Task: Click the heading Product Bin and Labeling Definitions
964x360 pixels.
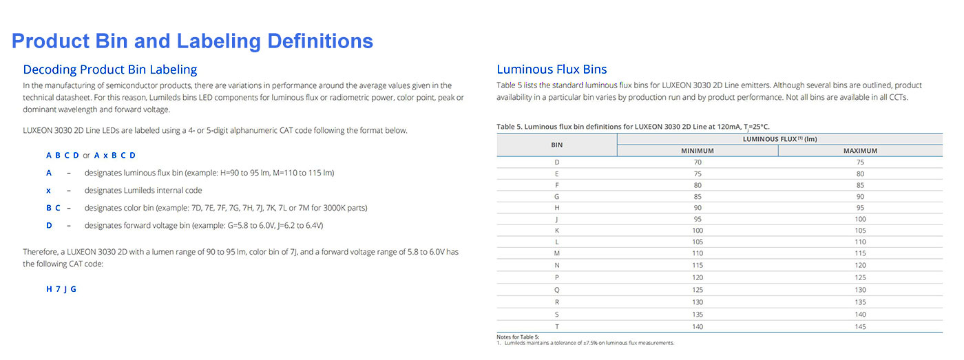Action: pos(192,41)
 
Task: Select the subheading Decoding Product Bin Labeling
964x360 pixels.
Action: pos(110,70)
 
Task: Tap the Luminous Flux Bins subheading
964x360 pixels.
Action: pos(552,70)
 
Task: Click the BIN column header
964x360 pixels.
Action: pos(557,145)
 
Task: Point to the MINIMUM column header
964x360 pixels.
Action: pos(698,151)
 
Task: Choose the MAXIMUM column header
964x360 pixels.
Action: pos(860,151)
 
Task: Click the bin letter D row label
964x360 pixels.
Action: pos(557,162)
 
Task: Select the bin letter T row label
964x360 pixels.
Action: pos(557,326)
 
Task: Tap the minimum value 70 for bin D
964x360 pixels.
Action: pos(698,162)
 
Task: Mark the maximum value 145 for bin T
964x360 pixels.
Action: pos(860,326)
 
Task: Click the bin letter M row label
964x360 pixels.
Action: pos(557,254)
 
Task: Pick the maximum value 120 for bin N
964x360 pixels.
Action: pos(860,265)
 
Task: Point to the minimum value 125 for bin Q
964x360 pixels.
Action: pos(698,290)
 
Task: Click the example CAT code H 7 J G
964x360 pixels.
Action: pos(61,290)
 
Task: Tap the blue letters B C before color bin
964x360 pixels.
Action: pos(53,208)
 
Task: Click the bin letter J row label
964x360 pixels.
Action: pos(557,219)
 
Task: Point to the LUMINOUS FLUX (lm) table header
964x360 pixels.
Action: pos(779,139)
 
